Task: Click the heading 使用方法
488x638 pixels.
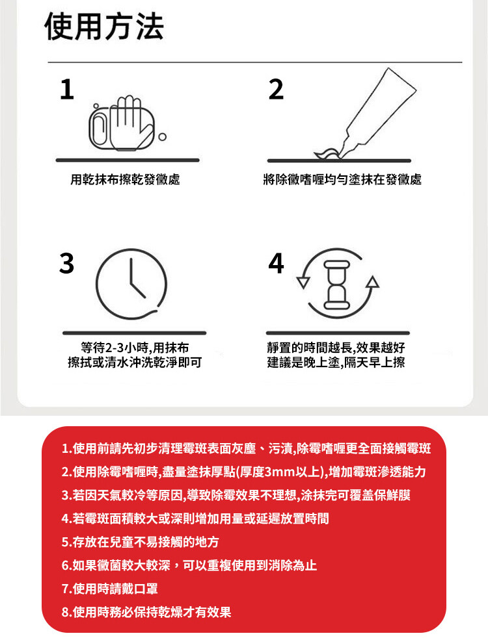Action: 104,27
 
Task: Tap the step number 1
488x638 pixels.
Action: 67,90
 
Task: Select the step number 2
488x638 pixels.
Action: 276,90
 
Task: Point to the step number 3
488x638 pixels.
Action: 67,263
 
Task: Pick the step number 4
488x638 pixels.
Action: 276,263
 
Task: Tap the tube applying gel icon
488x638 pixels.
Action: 364,114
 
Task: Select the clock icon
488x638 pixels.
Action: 131,284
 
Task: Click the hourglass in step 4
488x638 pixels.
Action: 336,285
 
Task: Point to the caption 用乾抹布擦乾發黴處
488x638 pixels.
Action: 125,179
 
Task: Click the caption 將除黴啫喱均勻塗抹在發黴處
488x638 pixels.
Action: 342,179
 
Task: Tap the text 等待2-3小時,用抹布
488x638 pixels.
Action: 135,348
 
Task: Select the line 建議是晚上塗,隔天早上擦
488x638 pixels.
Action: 336,362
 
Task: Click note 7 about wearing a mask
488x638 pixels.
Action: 109,589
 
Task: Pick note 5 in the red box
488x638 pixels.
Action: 140,542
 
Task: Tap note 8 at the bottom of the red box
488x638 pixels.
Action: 146,611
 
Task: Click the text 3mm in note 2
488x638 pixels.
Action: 280,472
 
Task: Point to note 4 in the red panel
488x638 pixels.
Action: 195,518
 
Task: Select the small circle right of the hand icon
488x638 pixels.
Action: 163,136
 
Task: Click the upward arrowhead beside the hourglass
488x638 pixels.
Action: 372,282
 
